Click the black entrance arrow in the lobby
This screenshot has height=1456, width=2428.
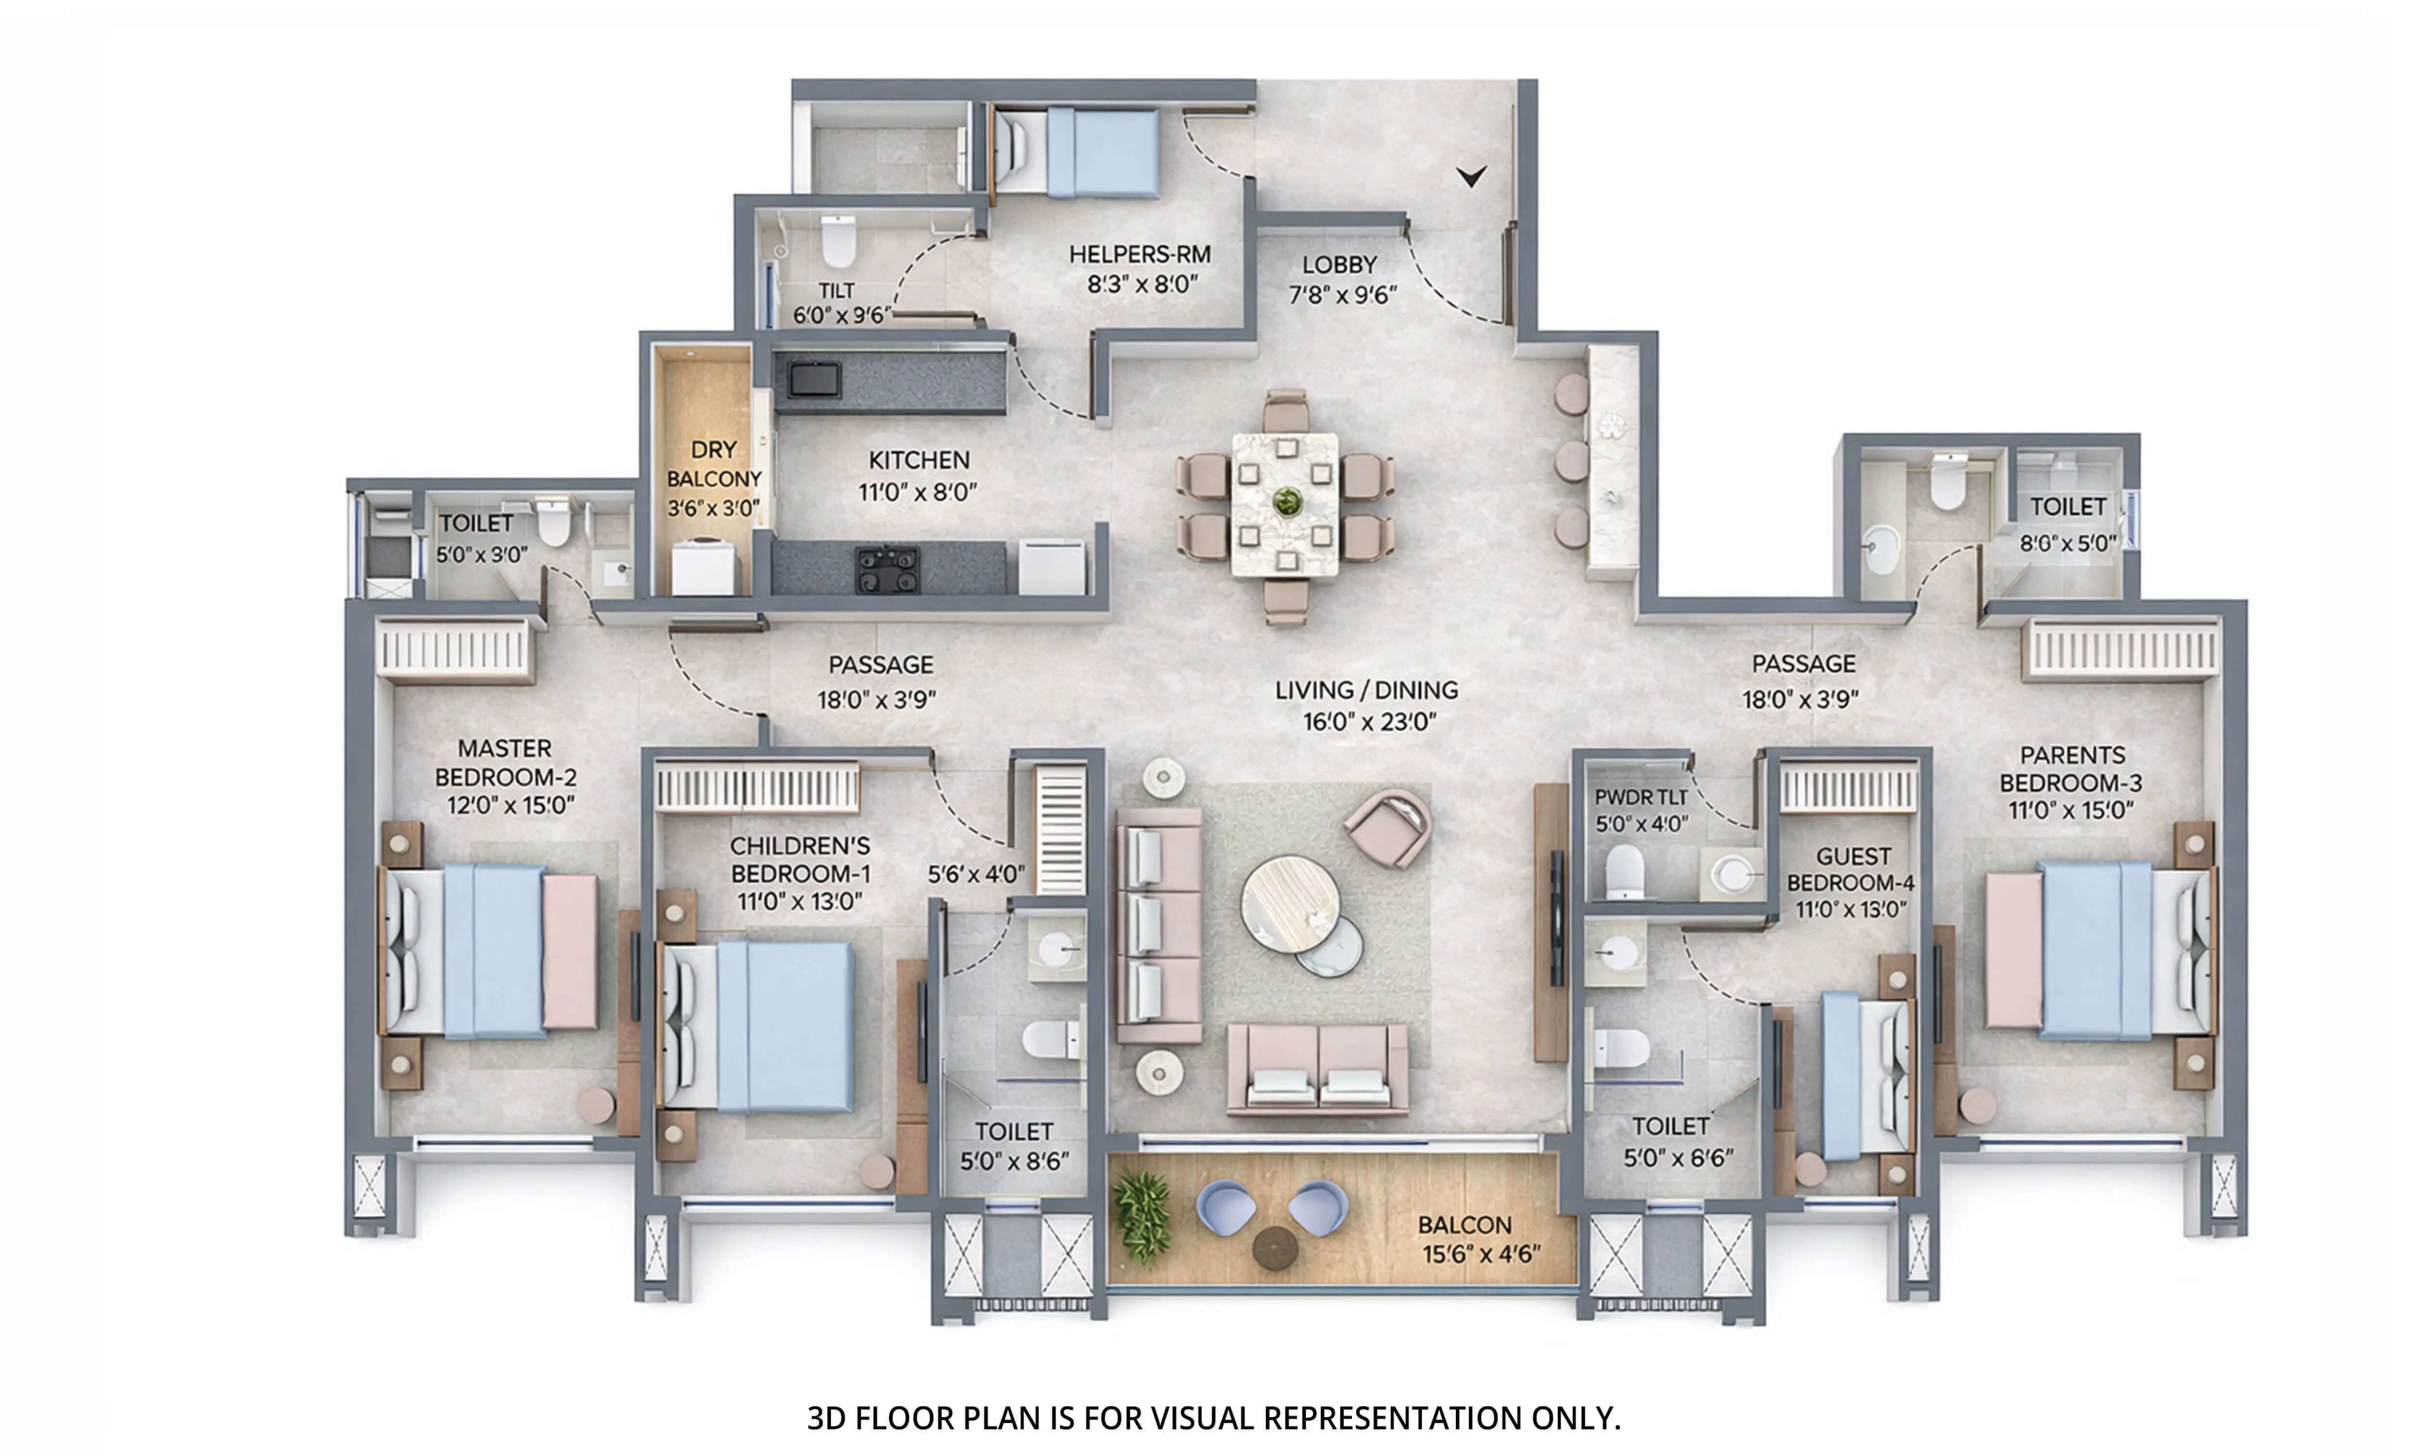tap(1470, 176)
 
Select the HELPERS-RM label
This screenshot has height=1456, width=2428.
tap(1139, 254)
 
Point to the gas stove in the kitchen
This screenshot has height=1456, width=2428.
tap(887, 569)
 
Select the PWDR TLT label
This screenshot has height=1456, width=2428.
tap(1640, 797)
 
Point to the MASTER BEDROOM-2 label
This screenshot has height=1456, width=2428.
tap(506, 762)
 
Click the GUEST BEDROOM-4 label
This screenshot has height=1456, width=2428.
tap(1851, 869)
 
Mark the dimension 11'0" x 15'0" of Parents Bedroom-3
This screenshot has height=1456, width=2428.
tap(2071, 811)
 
